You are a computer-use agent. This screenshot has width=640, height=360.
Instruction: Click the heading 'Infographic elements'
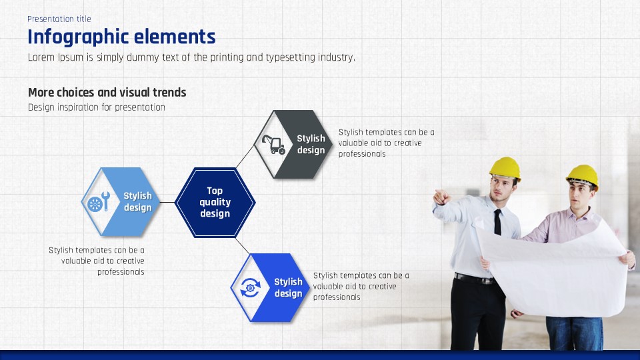(x=121, y=37)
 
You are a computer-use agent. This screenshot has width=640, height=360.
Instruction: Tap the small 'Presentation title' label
(x=59, y=19)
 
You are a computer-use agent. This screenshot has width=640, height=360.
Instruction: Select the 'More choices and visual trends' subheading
(x=107, y=92)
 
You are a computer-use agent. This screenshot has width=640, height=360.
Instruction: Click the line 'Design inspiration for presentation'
(x=96, y=107)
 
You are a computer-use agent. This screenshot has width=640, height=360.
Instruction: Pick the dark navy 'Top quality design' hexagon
(x=215, y=202)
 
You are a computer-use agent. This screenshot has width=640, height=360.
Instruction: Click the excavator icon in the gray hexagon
(x=273, y=145)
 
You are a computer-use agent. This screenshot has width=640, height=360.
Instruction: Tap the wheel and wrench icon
(x=99, y=201)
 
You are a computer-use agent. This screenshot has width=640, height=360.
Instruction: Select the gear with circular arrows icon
(x=250, y=287)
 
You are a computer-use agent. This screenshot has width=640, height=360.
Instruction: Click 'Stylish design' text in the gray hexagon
(x=311, y=144)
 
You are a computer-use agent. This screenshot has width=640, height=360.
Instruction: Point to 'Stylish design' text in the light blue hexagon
(x=137, y=201)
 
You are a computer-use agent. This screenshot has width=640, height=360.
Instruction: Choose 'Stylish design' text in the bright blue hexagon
(x=288, y=287)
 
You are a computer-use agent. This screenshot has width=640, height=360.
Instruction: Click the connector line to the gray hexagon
(x=245, y=156)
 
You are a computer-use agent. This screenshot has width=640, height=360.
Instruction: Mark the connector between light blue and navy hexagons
(x=167, y=202)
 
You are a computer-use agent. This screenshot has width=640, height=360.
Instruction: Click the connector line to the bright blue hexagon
(x=243, y=246)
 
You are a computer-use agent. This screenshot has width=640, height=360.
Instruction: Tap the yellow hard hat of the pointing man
(x=505, y=168)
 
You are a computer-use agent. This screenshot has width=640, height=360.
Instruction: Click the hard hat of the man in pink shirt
(x=583, y=176)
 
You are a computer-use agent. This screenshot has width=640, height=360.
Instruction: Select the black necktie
(x=497, y=223)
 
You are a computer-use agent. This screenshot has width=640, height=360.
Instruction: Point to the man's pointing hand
(x=442, y=197)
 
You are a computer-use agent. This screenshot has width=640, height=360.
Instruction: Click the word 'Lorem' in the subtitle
(x=41, y=57)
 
